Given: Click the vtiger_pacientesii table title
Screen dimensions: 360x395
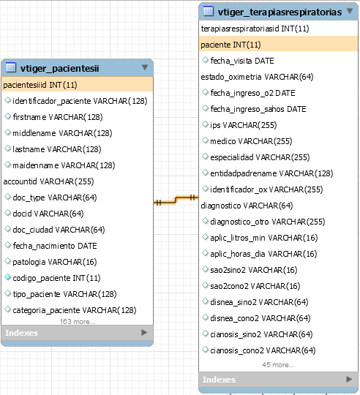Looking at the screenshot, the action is [x=59, y=68].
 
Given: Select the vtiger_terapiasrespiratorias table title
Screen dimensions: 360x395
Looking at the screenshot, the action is [x=280, y=12].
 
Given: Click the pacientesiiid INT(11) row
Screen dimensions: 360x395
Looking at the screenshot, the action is [x=40, y=85].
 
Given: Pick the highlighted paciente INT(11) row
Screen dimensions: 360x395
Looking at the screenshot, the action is [x=230, y=45].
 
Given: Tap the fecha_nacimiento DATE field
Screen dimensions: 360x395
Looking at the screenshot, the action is [x=55, y=246].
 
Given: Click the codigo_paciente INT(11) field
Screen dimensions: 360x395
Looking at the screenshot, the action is [x=56, y=278].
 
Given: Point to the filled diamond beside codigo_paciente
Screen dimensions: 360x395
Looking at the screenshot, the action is [x=8, y=277].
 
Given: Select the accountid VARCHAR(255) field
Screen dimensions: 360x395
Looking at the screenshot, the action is [x=48, y=181].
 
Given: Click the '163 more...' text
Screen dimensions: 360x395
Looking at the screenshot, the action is [x=78, y=322].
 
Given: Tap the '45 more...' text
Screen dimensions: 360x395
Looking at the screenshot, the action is [x=278, y=365].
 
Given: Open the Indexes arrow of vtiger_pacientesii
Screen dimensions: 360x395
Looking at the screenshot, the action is [x=144, y=333].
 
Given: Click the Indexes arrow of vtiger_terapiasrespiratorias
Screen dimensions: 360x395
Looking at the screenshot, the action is [x=349, y=379].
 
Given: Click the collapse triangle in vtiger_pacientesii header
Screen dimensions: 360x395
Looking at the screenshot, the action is [x=145, y=67].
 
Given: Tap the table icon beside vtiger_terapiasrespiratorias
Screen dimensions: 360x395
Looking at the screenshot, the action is [x=209, y=11].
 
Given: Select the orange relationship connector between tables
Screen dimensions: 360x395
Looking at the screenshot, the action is [x=176, y=200].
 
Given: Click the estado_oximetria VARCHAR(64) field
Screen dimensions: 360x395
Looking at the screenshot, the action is [x=257, y=77].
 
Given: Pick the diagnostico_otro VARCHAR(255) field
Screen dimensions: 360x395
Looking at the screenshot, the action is [x=268, y=222].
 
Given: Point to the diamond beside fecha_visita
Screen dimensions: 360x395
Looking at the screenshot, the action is [x=206, y=60].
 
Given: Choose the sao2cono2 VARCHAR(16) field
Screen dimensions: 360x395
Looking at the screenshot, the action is [x=255, y=286].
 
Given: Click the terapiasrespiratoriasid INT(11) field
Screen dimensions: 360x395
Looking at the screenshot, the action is [x=255, y=29].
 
